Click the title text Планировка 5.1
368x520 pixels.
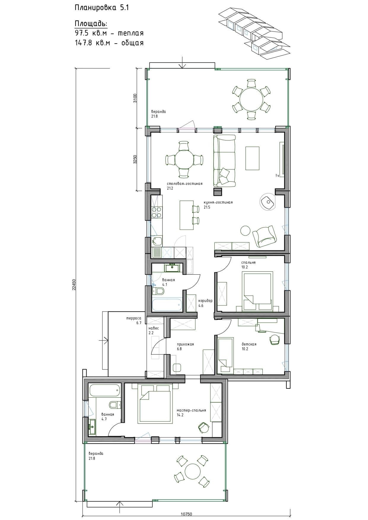point(102,8)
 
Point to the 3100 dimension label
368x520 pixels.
point(135,98)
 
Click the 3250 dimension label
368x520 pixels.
point(135,159)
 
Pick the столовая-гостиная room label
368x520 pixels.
point(184,184)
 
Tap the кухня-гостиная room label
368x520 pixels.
point(218,202)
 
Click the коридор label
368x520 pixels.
point(205,301)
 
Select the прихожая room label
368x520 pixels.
point(185,344)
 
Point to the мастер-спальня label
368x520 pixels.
point(191,410)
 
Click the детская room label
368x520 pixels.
point(249,344)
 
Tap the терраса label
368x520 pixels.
point(133,319)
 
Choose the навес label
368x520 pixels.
point(154,328)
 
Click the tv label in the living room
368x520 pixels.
point(277,175)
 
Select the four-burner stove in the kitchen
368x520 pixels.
point(156,212)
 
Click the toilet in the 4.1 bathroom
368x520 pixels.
point(158,291)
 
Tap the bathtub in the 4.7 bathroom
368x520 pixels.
point(105,390)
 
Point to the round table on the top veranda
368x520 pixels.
point(251,99)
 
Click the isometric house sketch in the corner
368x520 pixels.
point(254,33)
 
